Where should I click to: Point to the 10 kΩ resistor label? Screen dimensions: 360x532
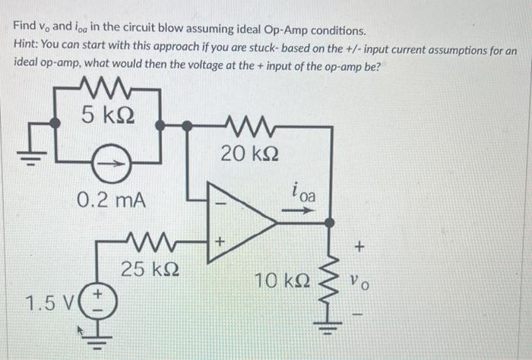click(x=282, y=282)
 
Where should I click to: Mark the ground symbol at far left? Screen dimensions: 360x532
click(x=28, y=153)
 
